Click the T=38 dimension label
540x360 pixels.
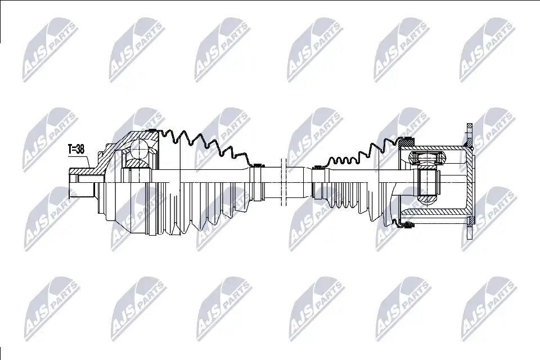pyautogui.click(x=76, y=149)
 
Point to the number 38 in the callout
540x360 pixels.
pyautogui.click(x=80, y=149)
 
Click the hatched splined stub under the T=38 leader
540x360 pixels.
pyautogui.click(x=81, y=171)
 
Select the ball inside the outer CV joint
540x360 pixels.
pyautogui.click(x=140, y=148)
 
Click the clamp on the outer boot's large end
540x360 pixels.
pyautogui.click(x=154, y=130)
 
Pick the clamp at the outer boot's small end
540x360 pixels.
pyautogui.click(x=256, y=165)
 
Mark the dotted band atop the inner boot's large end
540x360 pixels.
pyautogui.click(x=407, y=140)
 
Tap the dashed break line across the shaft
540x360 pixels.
pyautogui.click(x=283, y=182)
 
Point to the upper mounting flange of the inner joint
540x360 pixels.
pyautogui.click(x=469, y=136)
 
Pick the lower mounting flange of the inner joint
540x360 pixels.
pyautogui.click(x=469, y=227)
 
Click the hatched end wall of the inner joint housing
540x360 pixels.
pyautogui.click(x=469, y=182)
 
